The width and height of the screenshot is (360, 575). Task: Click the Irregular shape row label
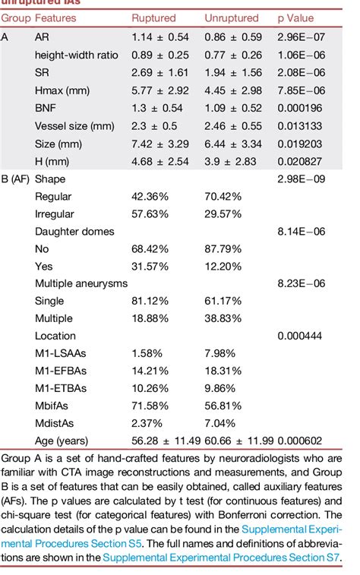[53, 214]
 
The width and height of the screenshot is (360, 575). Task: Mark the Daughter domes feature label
[74, 231]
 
